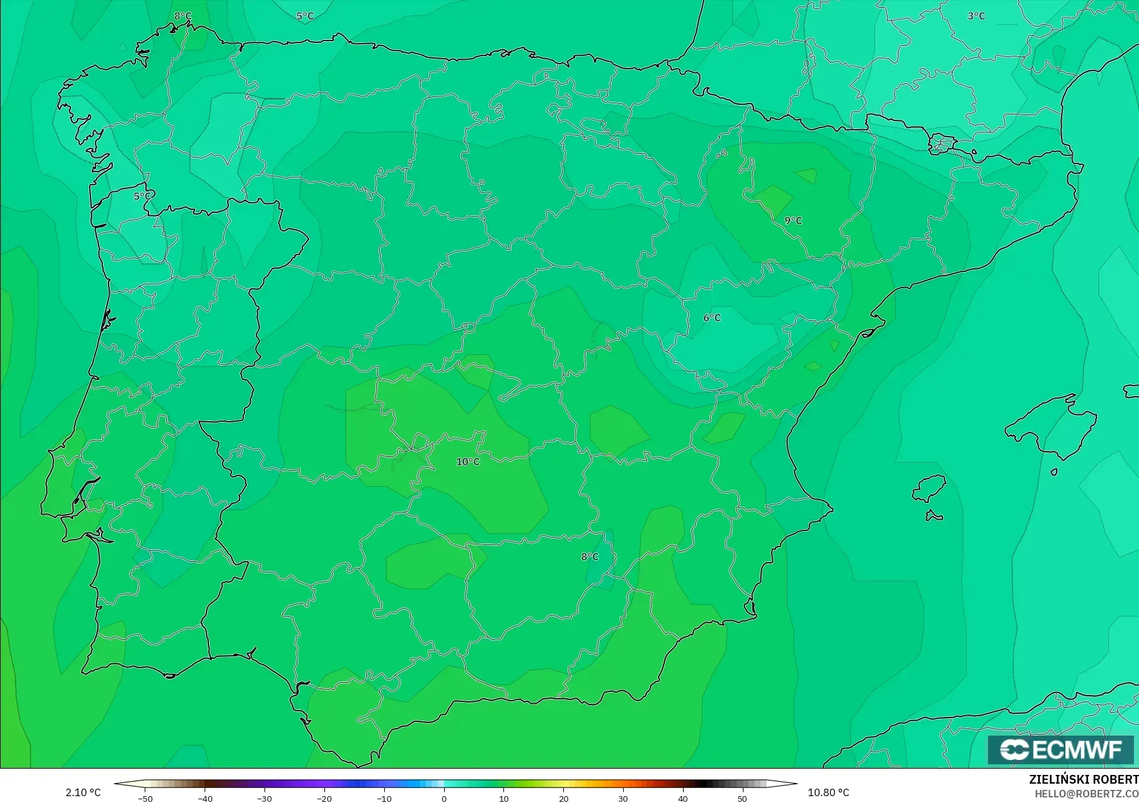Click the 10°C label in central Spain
468,462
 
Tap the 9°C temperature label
793,220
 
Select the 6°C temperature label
712,318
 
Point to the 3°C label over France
976,16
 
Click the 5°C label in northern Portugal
142,196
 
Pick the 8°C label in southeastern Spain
589,557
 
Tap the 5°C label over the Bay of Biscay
304,16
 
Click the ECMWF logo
1060,749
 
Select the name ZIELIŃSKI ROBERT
1083,780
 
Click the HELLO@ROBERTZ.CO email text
1087,794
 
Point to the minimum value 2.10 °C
83,792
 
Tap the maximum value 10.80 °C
828,792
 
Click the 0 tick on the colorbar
444,799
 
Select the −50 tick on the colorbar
145,799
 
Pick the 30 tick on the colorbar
623,799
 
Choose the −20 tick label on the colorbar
324,799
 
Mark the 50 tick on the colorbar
742,799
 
